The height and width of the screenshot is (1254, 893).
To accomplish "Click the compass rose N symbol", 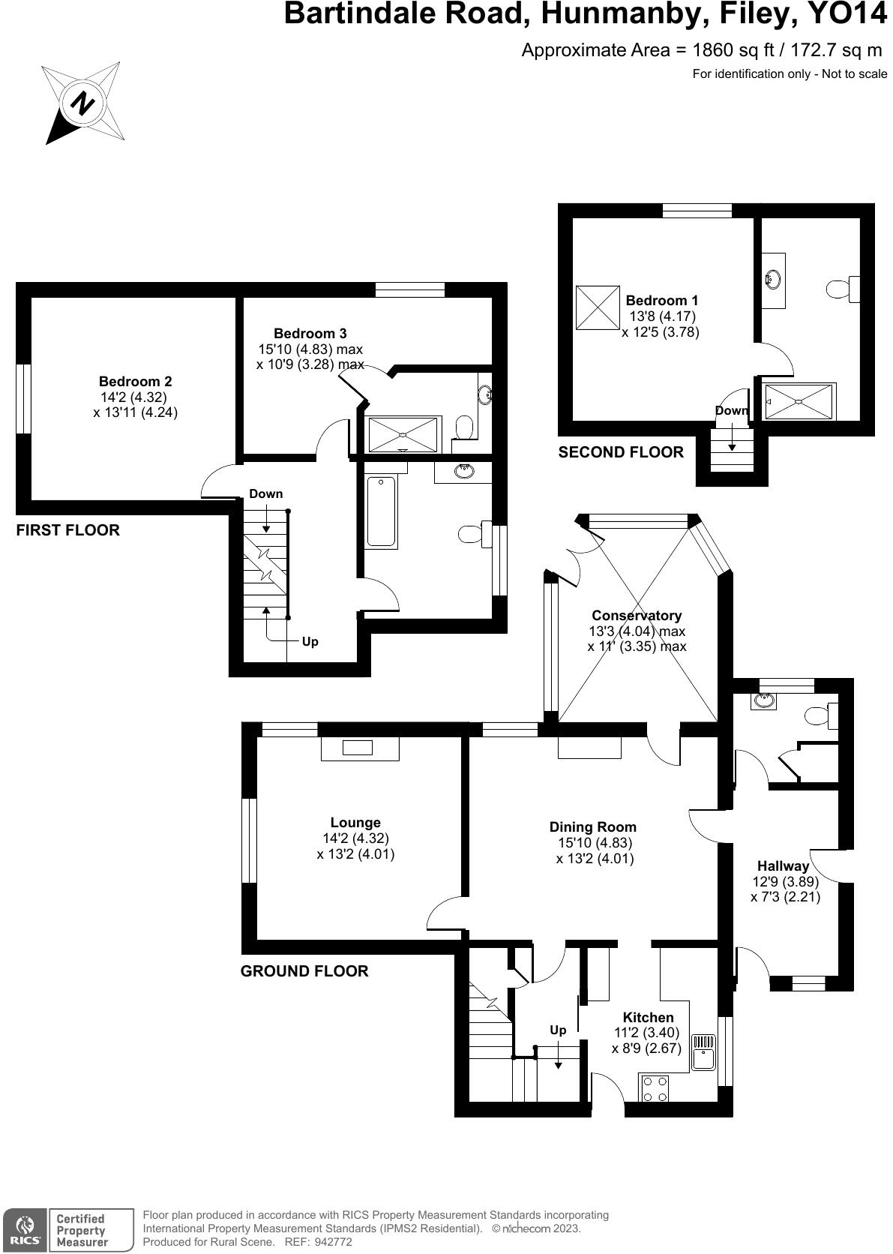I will pyautogui.click(x=82, y=103).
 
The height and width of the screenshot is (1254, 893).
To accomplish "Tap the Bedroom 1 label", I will pyautogui.click(x=661, y=300).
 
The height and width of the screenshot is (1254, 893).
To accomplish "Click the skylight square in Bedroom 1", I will pyautogui.click(x=598, y=307).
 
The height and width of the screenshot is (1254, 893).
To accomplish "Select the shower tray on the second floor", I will pyautogui.click(x=799, y=401).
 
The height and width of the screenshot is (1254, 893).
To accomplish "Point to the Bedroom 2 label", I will pyautogui.click(x=135, y=381).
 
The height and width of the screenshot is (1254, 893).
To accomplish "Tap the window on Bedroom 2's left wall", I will pyautogui.click(x=24, y=398).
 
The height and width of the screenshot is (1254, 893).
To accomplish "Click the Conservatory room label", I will pyautogui.click(x=636, y=616).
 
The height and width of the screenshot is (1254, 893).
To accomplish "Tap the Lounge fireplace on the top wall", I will pyautogui.click(x=359, y=748).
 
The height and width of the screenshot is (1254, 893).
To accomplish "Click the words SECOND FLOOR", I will pyautogui.click(x=621, y=452).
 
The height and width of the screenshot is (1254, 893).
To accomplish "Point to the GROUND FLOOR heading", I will pyautogui.click(x=304, y=971).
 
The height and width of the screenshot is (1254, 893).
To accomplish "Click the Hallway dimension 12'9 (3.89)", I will pyautogui.click(x=784, y=881).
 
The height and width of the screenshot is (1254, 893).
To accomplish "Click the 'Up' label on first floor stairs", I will pyautogui.click(x=310, y=641).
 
